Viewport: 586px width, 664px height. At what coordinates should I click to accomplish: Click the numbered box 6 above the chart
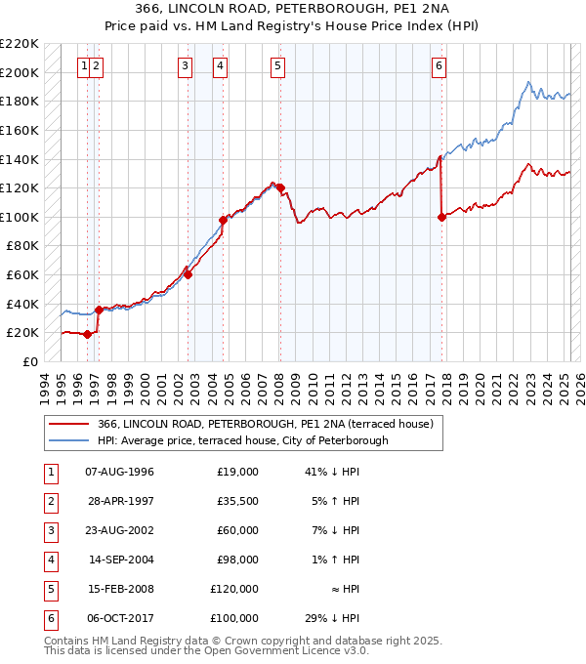[439, 66]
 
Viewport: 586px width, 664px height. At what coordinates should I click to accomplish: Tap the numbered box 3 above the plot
[185, 66]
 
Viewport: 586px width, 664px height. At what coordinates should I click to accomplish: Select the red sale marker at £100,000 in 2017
[441, 218]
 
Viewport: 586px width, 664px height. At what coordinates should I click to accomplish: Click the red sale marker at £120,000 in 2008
[280, 187]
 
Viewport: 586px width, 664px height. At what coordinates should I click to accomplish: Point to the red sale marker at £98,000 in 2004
[223, 221]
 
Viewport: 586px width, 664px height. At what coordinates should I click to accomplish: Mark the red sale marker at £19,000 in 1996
[88, 334]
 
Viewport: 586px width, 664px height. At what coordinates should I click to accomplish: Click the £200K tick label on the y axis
[20, 72]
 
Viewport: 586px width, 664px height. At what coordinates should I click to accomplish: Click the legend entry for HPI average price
[243, 440]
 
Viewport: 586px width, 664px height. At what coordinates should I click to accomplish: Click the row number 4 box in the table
[49, 560]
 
